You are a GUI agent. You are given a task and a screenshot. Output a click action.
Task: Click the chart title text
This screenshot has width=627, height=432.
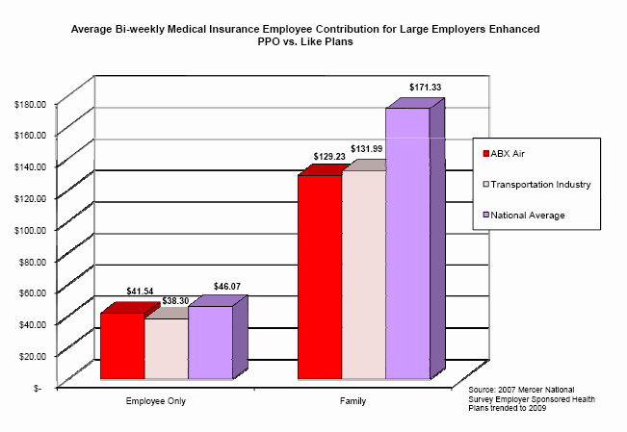point(312,36)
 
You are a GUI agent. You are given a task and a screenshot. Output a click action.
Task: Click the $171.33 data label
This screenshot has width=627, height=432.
point(425,88)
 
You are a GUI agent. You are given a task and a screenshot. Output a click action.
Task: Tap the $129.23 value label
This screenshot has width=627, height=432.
point(329,156)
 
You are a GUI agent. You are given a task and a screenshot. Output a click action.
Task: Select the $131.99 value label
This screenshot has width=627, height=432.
point(367,148)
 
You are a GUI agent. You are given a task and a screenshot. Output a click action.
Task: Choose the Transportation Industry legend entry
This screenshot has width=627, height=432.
point(540,183)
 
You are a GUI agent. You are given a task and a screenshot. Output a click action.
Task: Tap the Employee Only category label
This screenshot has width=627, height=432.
point(156,400)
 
